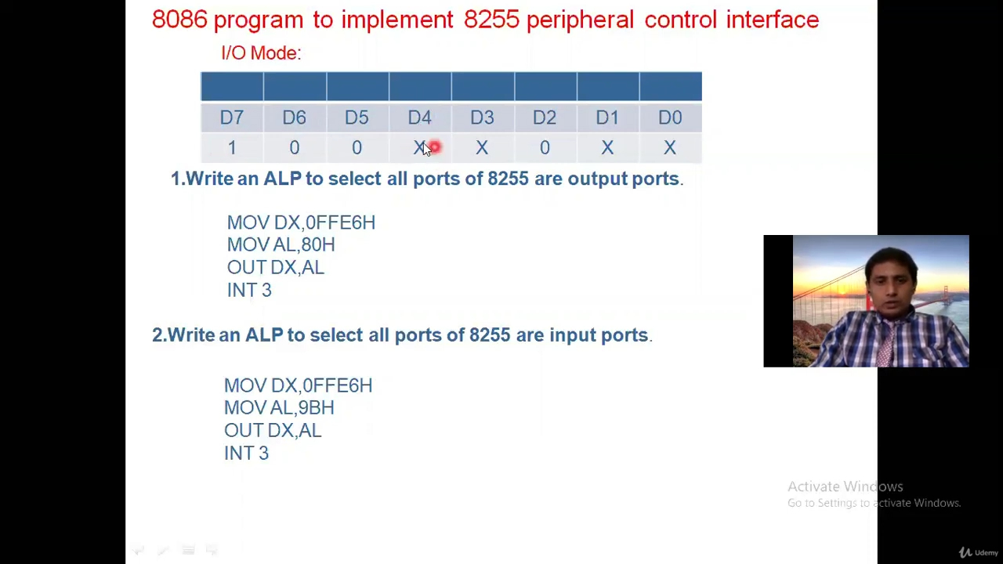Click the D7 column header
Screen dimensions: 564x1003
(231, 117)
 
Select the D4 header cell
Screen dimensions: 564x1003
(419, 117)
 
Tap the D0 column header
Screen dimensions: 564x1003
(670, 117)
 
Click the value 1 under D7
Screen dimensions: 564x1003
(232, 148)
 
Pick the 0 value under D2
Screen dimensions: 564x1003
(545, 148)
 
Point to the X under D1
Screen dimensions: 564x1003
(607, 148)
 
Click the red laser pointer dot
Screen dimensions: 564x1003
(435, 147)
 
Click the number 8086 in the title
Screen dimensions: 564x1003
(179, 20)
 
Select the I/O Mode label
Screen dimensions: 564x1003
(261, 53)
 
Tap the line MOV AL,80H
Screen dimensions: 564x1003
(281, 245)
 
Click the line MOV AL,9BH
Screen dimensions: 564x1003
(279, 408)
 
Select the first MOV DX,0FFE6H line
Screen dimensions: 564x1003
(301, 222)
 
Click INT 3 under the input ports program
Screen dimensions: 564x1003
(246, 454)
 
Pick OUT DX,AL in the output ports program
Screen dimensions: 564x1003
(275, 268)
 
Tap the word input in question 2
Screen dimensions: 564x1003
(572, 335)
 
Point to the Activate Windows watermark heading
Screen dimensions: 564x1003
(845, 486)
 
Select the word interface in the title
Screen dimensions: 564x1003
(772, 20)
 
